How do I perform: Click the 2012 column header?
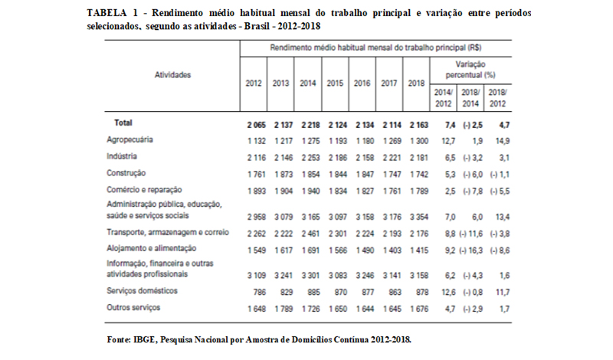(254, 83)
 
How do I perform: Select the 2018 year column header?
(416, 83)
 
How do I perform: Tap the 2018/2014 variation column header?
(470, 98)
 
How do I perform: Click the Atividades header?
(172, 74)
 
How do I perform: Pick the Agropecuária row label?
(129, 140)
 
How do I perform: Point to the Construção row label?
(126, 173)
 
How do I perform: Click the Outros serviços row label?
(133, 308)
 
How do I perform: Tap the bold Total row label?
(123, 123)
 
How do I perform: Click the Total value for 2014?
(310, 125)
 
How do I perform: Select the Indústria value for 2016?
(365, 158)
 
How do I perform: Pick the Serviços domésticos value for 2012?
(259, 293)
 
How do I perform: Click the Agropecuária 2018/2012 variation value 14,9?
(503, 141)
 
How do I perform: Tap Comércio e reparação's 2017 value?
(392, 191)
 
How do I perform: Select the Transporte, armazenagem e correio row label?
(168, 233)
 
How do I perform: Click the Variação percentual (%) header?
(470, 70)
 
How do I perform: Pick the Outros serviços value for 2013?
(284, 309)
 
